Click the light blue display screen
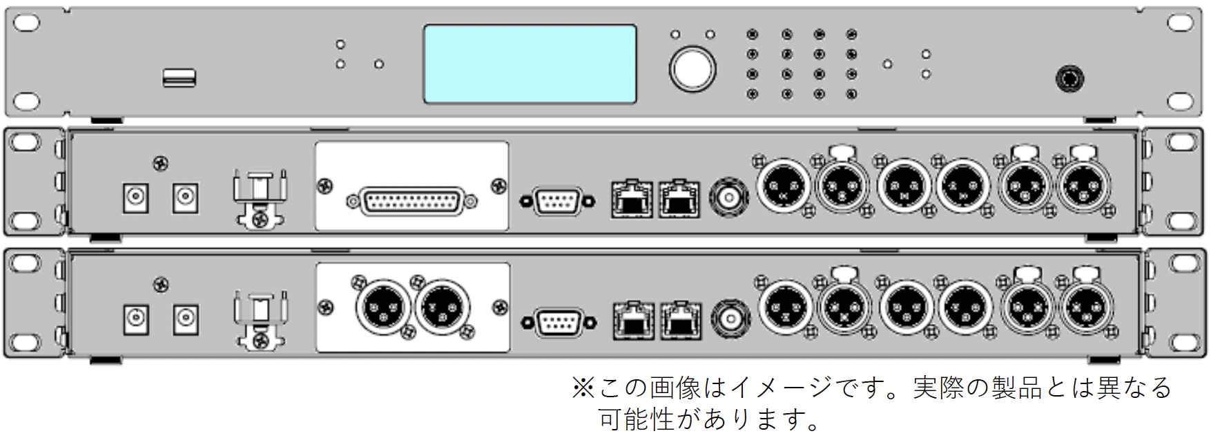click(x=530, y=64)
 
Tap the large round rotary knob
click(x=692, y=69)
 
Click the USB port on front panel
click(x=179, y=78)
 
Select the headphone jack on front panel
click(x=1069, y=78)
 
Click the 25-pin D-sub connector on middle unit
click(x=411, y=201)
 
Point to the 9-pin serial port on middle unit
click(x=557, y=201)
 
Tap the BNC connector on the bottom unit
click(x=730, y=318)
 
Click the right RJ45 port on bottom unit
click(x=680, y=320)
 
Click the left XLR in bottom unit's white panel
click(x=382, y=307)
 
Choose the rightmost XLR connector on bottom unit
click(x=1087, y=307)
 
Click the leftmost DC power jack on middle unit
click(x=135, y=198)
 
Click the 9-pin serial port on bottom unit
click(x=559, y=323)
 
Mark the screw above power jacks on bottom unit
click(x=161, y=284)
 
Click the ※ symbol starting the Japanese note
click(x=583, y=388)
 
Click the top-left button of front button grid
click(x=752, y=34)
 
